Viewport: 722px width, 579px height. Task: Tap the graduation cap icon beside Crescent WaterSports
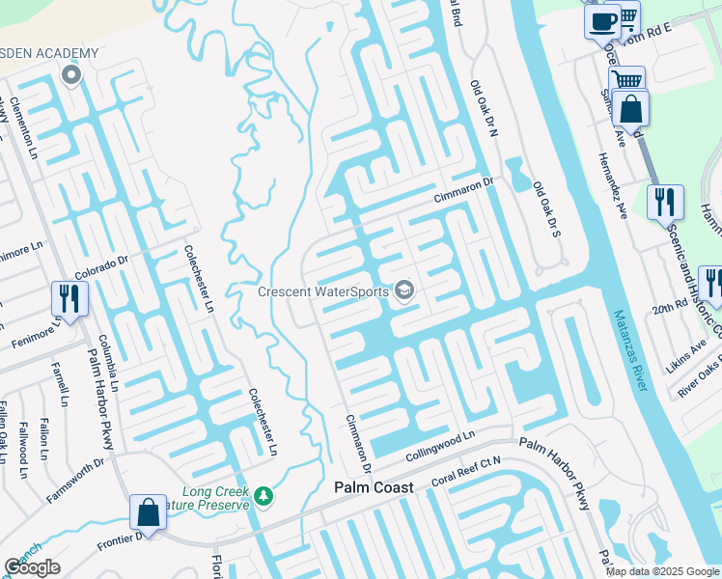(x=404, y=290)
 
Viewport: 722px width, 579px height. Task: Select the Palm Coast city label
(x=374, y=487)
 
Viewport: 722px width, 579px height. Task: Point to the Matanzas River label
(x=629, y=350)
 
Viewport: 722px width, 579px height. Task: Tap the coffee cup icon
(x=602, y=19)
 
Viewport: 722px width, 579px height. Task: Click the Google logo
(x=33, y=567)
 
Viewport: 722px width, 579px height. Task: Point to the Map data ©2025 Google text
(x=661, y=571)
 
